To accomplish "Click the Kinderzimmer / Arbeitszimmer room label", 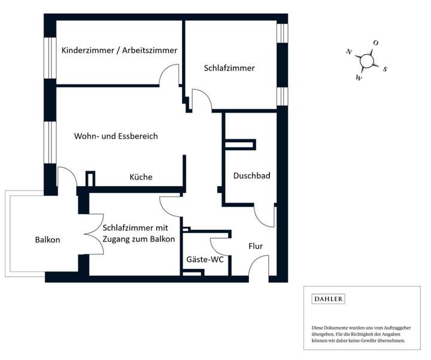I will click(119, 50).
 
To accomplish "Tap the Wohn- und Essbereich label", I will click(116, 137).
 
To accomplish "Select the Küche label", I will click(141, 177).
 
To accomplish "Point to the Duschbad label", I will click(251, 176).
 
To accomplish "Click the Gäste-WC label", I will click(205, 260).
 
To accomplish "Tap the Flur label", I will click(256, 246).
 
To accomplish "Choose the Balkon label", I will click(47, 240).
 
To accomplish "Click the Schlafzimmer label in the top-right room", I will click(229, 68).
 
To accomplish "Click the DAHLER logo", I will click(329, 299).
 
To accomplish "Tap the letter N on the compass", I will click(348, 52).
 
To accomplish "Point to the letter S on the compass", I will click(385, 69).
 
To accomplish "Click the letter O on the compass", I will click(375, 43).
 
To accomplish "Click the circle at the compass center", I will click(366, 60).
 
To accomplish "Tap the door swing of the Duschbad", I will click(264, 216).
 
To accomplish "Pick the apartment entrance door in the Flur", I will click(259, 267).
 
